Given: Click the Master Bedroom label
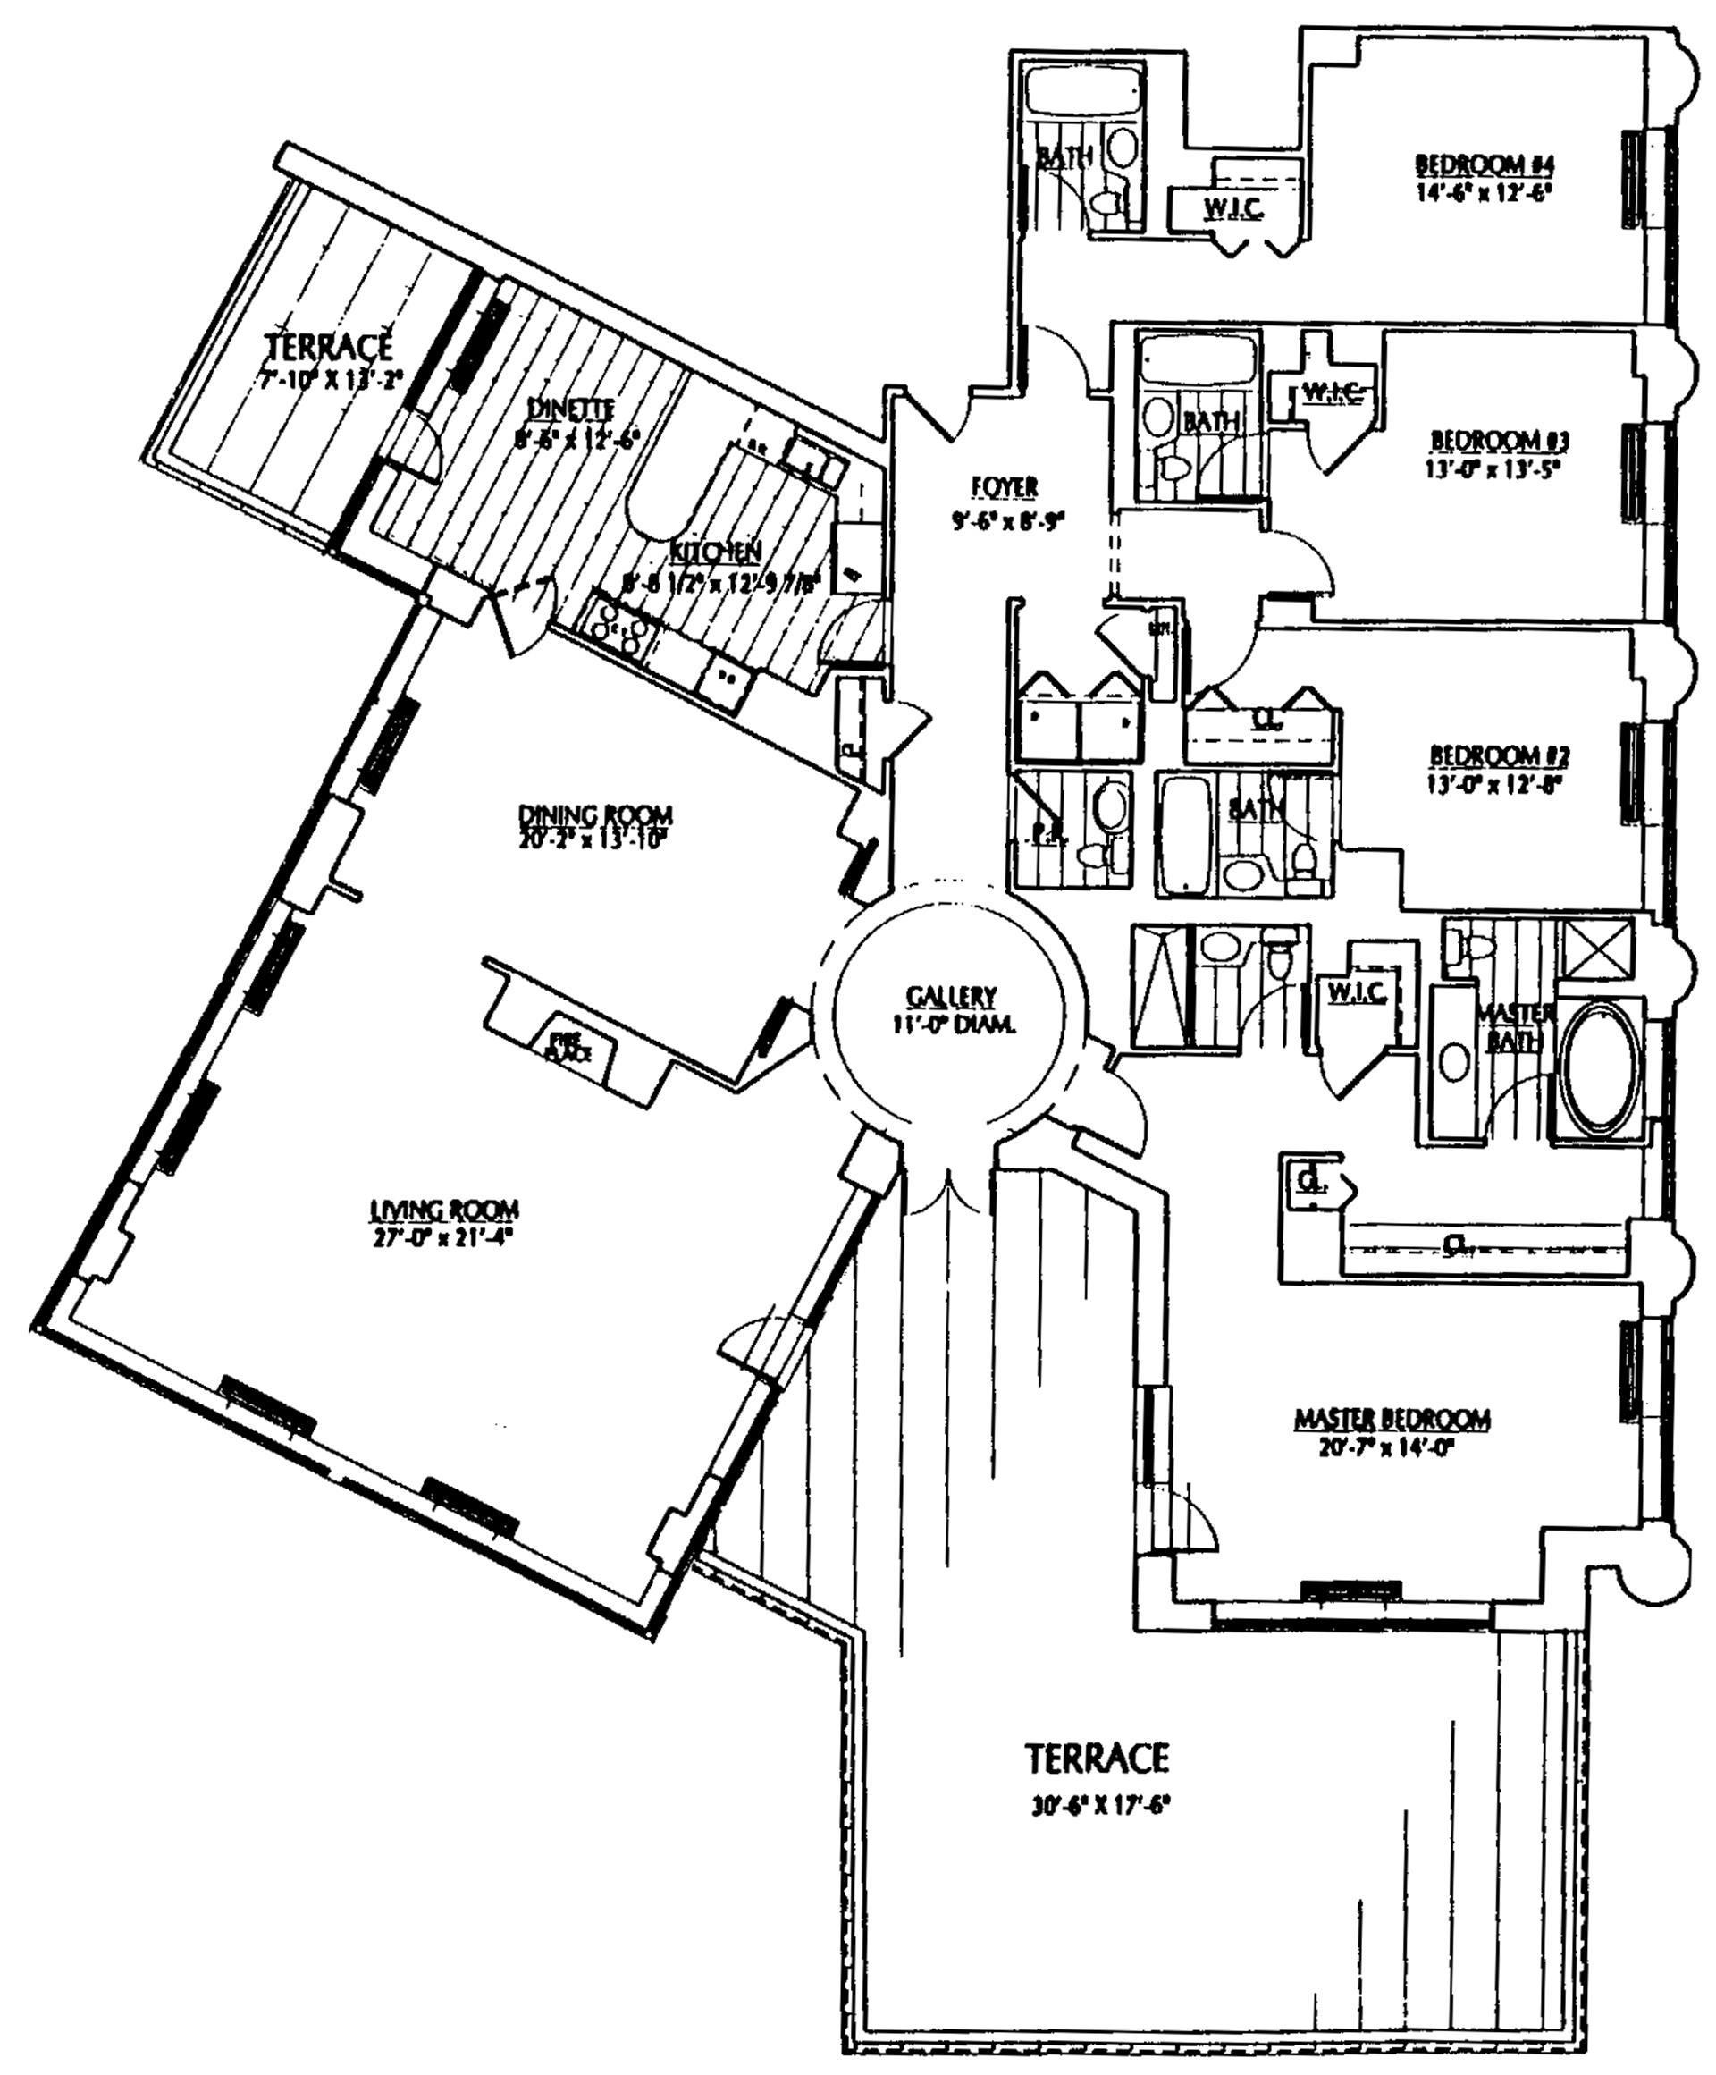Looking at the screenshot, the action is click(x=1392, y=1419).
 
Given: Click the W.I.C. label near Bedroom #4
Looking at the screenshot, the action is click(x=1232, y=207).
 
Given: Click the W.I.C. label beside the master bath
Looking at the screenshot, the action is click(x=1358, y=991).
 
